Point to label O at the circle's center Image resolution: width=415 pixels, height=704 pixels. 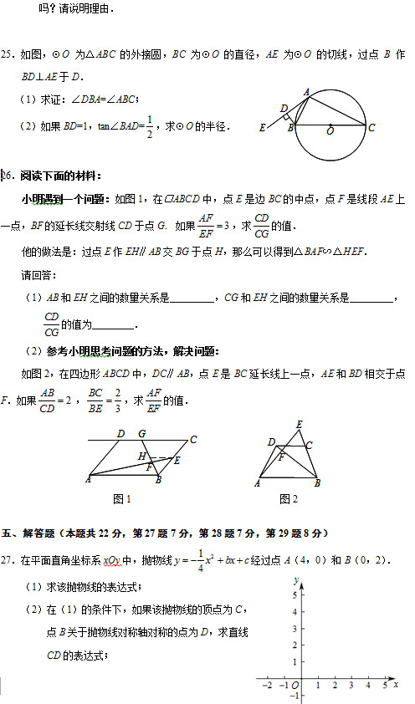click(x=330, y=131)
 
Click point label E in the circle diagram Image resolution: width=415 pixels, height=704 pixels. click(x=263, y=128)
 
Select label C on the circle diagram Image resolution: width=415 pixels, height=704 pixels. click(x=371, y=127)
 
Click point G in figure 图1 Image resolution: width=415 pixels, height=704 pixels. click(x=141, y=433)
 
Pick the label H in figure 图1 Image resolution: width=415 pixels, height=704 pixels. click(x=142, y=457)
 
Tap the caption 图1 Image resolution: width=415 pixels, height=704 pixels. click(x=122, y=499)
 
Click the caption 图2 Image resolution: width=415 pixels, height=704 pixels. click(x=289, y=499)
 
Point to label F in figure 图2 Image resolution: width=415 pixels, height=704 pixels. click(x=281, y=457)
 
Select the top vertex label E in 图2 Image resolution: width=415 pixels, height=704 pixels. click(x=300, y=425)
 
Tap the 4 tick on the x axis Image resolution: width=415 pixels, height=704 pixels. click(x=367, y=686)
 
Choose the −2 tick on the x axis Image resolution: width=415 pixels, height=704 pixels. click(x=267, y=686)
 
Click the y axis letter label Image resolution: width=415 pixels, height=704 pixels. click(x=296, y=579)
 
